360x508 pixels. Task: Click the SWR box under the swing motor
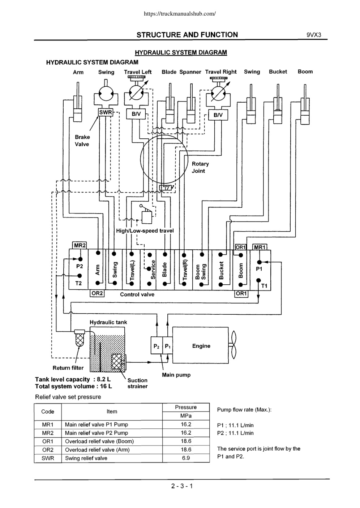click(106, 112)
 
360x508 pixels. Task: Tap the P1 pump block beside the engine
click(168, 345)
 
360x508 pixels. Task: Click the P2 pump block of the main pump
click(157, 345)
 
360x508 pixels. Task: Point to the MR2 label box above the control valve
click(80, 245)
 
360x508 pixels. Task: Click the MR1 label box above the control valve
click(260, 247)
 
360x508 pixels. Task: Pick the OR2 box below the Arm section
click(97, 293)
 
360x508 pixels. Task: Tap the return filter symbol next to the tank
click(80, 338)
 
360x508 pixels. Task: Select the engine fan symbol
click(233, 345)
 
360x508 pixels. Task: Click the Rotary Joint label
click(200, 167)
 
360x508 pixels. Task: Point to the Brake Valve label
click(82, 141)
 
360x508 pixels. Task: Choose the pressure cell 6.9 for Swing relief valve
click(186, 458)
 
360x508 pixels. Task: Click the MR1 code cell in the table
click(48, 424)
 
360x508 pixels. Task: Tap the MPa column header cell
click(186, 416)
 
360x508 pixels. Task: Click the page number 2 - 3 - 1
click(182, 486)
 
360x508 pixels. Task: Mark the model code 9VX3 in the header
click(314, 35)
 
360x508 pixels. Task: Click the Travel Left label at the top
click(137, 72)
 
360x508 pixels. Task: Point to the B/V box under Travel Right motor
click(218, 115)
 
